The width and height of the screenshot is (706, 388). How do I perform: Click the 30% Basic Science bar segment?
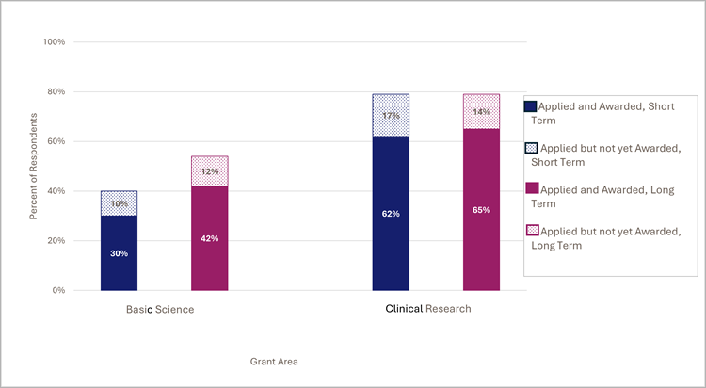pos(119,252)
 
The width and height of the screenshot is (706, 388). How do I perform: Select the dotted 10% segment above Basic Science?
pos(119,203)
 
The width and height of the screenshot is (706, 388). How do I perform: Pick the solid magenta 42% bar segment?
pos(209,237)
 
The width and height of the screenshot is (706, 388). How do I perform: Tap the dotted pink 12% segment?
pos(209,170)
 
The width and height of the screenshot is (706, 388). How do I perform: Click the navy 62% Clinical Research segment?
pos(391,213)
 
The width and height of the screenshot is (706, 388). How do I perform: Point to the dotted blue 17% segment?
pos(391,115)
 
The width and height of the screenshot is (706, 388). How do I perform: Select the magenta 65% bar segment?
pos(481,209)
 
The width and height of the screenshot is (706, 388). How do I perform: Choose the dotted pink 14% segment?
pos(481,111)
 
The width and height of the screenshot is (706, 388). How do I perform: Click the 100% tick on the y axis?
pos(54,42)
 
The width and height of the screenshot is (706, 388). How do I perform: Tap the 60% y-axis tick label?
pos(56,141)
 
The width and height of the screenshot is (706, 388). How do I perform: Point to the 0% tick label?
pos(58,290)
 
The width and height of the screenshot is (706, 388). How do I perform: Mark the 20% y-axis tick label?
pos(56,240)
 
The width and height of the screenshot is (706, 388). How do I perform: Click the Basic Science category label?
pos(160,309)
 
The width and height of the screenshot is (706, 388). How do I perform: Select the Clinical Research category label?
pos(428,309)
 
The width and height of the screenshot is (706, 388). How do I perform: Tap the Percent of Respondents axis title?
pos(35,166)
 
